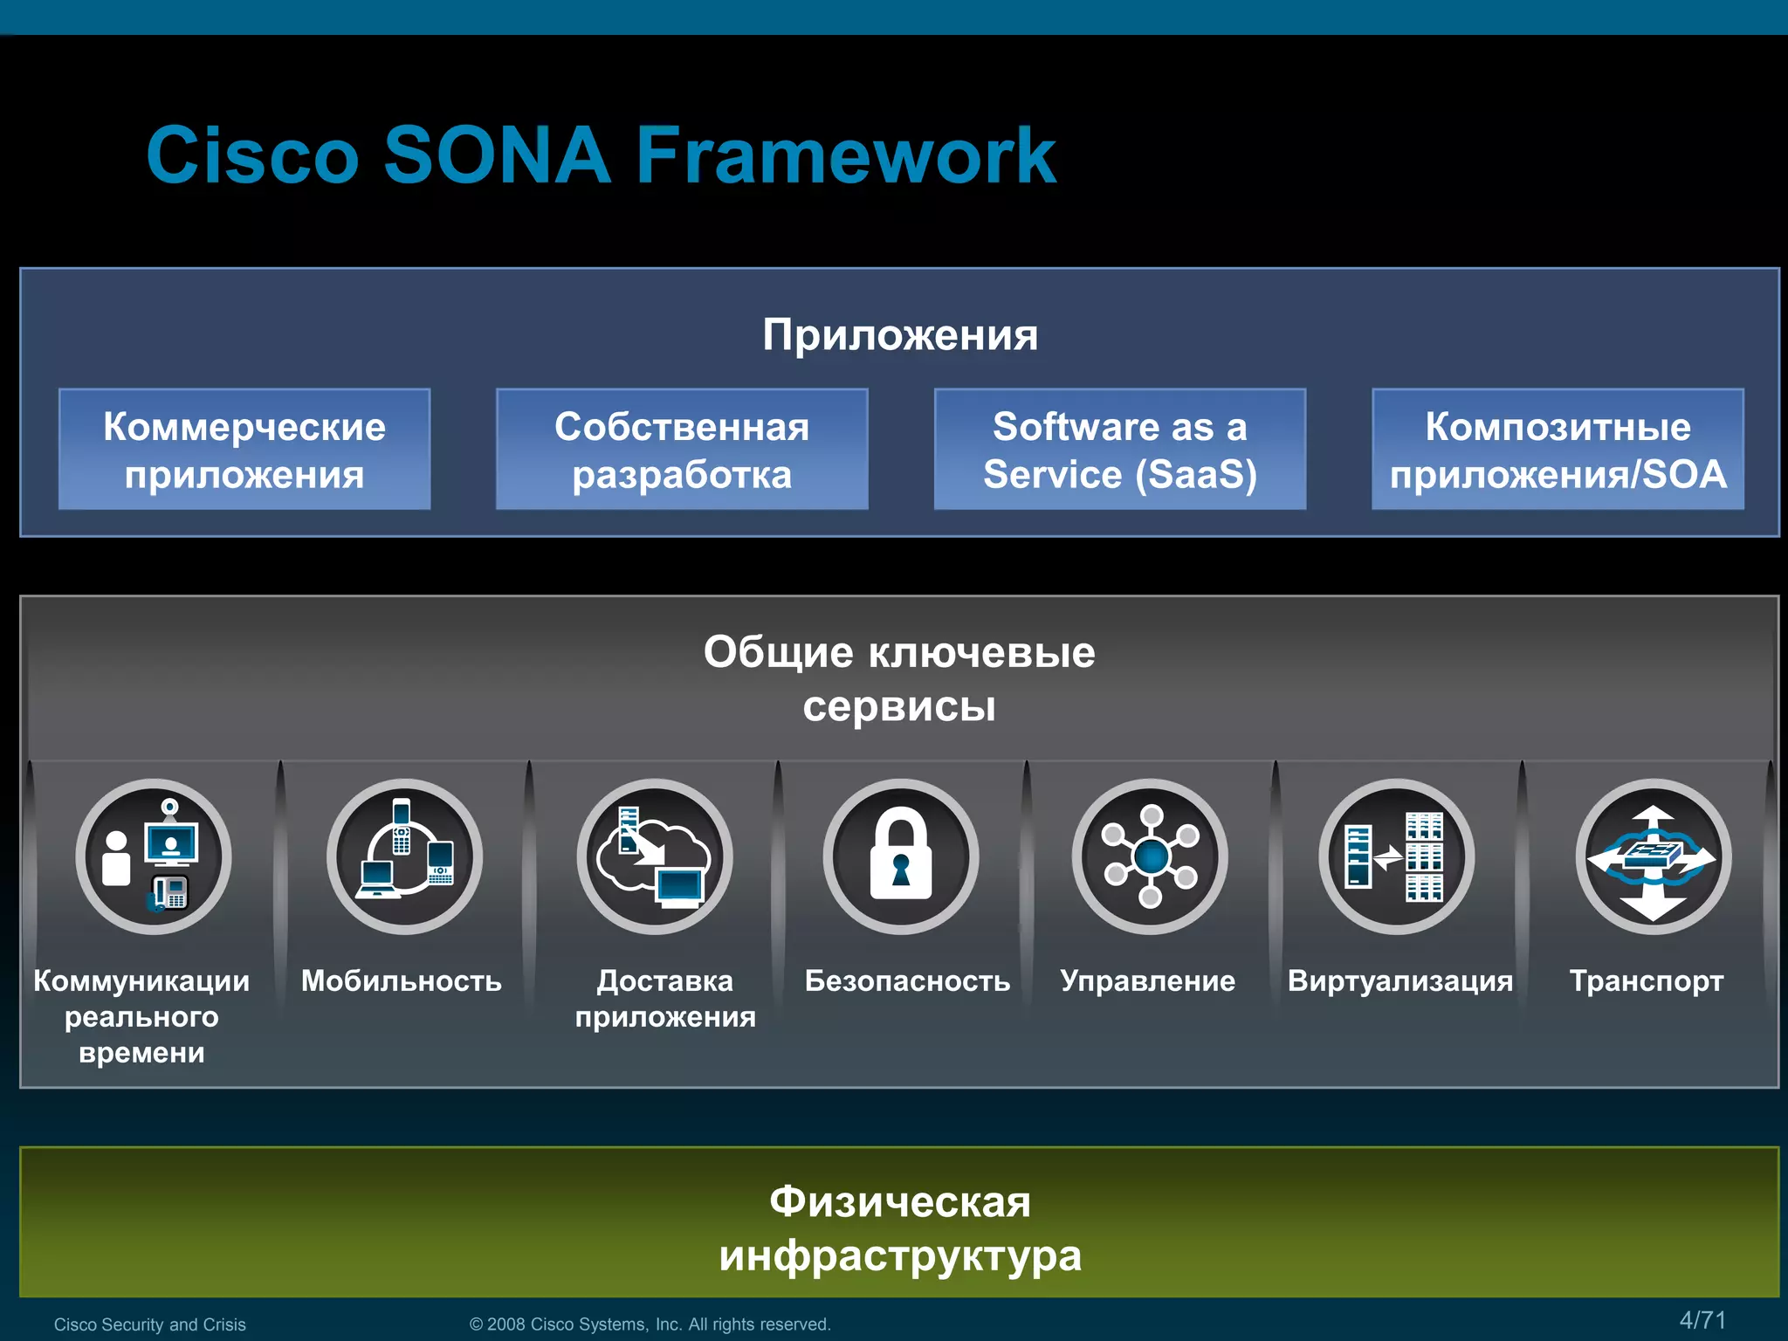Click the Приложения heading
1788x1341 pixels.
pyautogui.click(x=900, y=335)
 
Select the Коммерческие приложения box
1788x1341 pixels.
pyautogui.click(x=244, y=450)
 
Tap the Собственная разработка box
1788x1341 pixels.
pyautogui.click(x=682, y=450)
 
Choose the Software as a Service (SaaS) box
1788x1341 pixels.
pyautogui.click(x=1120, y=450)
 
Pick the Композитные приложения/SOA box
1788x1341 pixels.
pyautogui.click(x=1558, y=450)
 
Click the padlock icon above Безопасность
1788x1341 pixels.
pyautogui.click(x=901, y=856)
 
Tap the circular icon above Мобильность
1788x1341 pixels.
pyautogui.click(x=404, y=856)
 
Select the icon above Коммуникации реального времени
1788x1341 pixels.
pyautogui.click(x=154, y=856)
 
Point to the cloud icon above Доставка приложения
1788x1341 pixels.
pyautogui.click(x=654, y=856)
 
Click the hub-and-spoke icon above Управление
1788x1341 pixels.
pyautogui.click(x=1150, y=856)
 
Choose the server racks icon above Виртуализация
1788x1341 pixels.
pyautogui.click(x=1397, y=856)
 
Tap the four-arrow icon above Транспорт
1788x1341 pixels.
pyautogui.click(x=1653, y=856)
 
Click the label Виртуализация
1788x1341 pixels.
pyautogui.click(x=1400, y=981)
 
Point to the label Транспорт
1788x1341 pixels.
pyautogui.click(x=1647, y=981)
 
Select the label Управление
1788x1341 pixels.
pyautogui.click(x=1147, y=981)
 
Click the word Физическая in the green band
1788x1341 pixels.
pyautogui.click(x=900, y=1202)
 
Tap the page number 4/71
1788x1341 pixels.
pyautogui.click(x=1702, y=1320)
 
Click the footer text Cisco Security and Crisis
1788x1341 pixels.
pyautogui.click(x=150, y=1324)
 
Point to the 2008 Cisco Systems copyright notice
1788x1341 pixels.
pyautogui.click(x=650, y=1324)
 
